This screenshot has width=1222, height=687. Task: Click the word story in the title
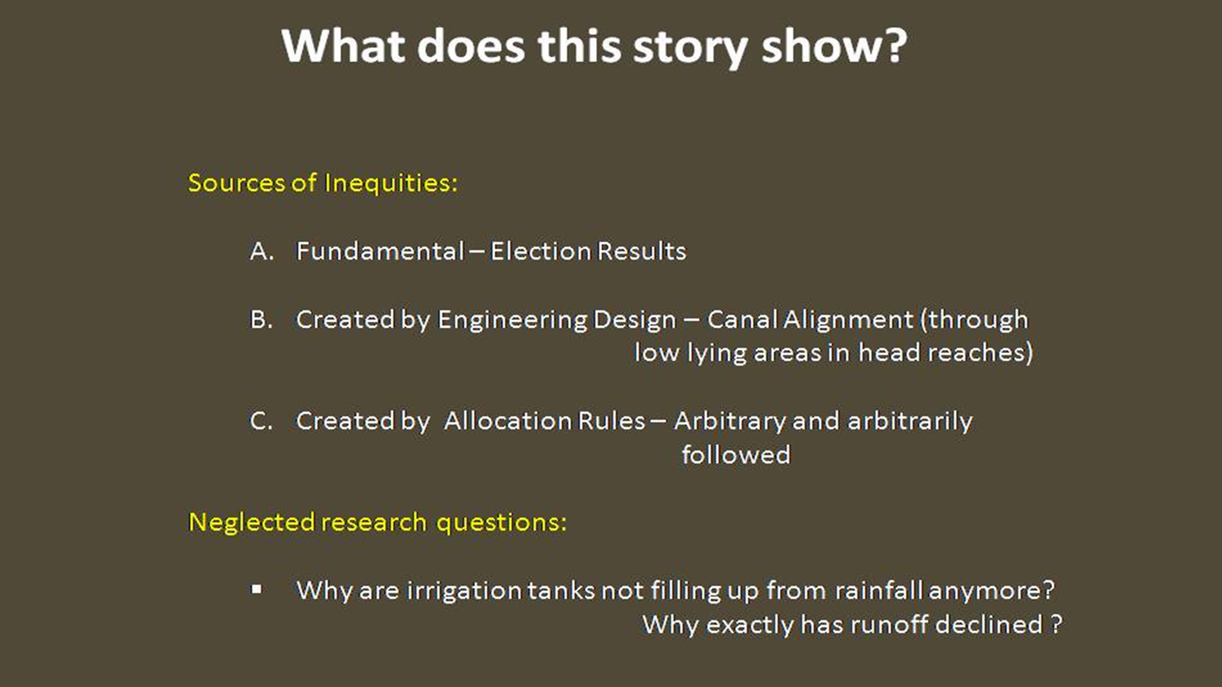click(x=690, y=47)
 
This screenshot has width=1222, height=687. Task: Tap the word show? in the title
click(x=834, y=46)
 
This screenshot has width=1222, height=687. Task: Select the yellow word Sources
click(x=237, y=183)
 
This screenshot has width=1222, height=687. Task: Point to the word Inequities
click(x=391, y=183)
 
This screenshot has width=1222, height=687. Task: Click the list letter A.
click(x=262, y=251)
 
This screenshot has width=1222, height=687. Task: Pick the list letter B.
click(x=261, y=319)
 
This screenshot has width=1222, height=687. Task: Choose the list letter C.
click(x=261, y=421)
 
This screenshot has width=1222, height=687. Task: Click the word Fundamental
click(x=380, y=251)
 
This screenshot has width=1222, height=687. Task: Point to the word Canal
click(x=742, y=319)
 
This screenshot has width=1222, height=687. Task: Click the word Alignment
click(x=848, y=320)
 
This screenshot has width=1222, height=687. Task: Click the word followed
click(x=736, y=455)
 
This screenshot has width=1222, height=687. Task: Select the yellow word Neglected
click(x=251, y=522)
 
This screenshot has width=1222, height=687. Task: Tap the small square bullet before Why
click(x=256, y=590)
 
